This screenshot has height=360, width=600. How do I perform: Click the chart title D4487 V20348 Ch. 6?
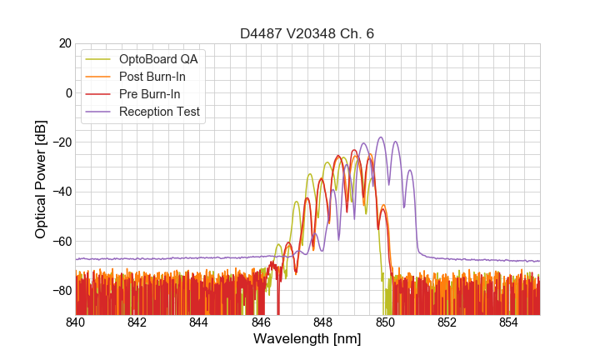point(307,33)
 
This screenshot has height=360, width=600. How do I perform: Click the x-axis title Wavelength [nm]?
point(307,339)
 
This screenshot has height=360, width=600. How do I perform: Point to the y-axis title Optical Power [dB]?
point(41,178)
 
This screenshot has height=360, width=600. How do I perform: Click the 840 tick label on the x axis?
point(76,322)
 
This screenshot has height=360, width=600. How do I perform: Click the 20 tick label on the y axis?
point(63,43)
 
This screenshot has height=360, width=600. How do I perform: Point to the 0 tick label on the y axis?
point(67,92)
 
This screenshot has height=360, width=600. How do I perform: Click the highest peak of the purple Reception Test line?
point(381,137)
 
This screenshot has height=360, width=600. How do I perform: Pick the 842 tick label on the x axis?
point(137,322)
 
